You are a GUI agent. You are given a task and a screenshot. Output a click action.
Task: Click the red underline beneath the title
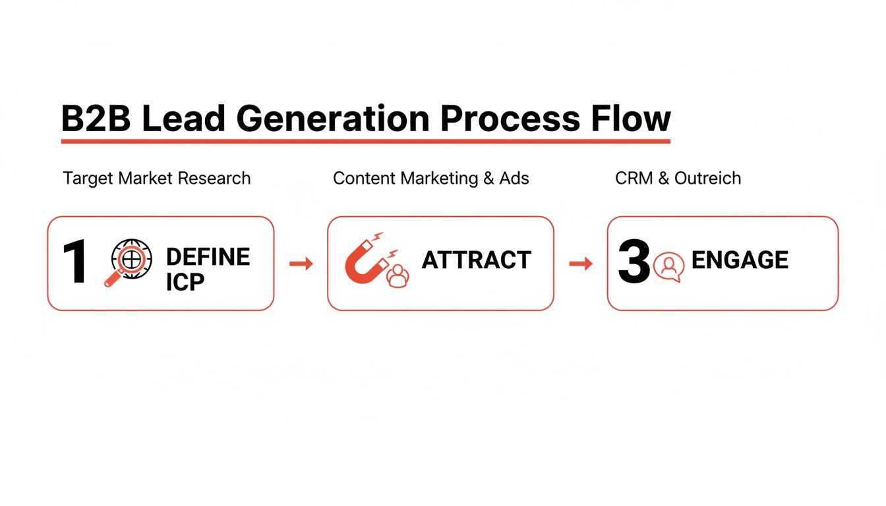pos(365,140)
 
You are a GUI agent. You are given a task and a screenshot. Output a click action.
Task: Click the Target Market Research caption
pos(157,179)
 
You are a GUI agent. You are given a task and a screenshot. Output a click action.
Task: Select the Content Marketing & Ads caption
pos(430,179)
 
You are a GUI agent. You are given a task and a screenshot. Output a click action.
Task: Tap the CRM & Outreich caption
pos(678,179)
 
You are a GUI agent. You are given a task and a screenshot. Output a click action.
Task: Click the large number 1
pos(74,263)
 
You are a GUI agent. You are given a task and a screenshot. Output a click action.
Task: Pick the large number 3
pos(634,262)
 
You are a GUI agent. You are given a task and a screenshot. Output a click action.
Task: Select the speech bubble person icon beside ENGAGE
pos(669,266)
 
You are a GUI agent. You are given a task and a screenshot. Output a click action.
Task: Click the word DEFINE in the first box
pos(208,256)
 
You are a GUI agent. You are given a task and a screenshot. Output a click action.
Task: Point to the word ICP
pos(185,282)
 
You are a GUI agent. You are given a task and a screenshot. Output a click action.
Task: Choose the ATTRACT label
pos(476,261)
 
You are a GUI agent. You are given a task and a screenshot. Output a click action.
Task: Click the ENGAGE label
pos(740,261)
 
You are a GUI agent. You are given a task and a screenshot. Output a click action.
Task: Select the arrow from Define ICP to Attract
pos(301,264)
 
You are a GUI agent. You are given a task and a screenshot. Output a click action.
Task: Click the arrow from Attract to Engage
pos(581,264)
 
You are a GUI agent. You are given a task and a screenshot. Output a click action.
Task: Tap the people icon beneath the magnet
pos(397,276)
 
